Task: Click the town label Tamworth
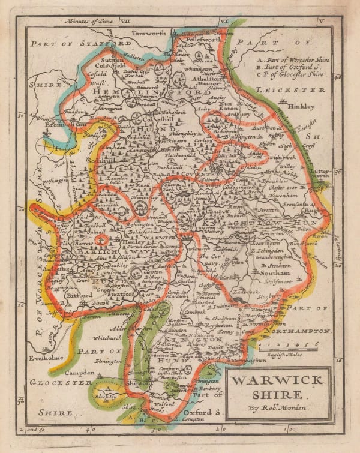click(x=149, y=34)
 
